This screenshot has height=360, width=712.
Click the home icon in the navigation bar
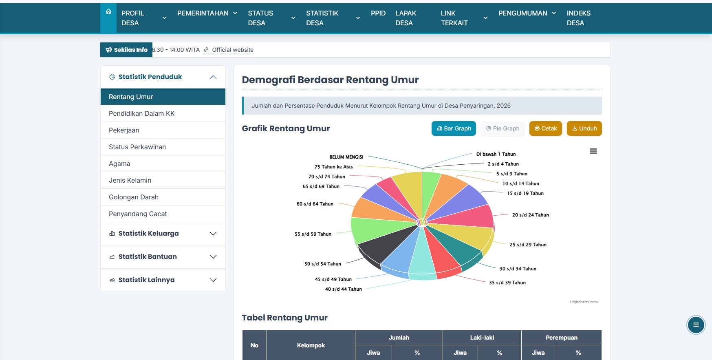pos(108,12)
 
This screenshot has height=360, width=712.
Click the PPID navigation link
pos(378,13)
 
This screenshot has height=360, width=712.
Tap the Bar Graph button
pos(454,128)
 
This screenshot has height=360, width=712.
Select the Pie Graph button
pos(503,128)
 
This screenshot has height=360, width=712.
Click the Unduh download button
pos(584,128)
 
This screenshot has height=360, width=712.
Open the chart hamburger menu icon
pos(593,151)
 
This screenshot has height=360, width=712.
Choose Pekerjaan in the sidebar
pos(124,130)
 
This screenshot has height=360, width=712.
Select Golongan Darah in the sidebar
pos(134,197)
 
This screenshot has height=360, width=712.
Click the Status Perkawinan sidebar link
pos(137,147)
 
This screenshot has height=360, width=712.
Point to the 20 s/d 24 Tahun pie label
pos(530,215)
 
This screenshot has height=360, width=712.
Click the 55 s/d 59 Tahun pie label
pos(313,234)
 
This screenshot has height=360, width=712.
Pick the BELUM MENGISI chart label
pos(346,157)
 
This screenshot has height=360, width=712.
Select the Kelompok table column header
pos(311,345)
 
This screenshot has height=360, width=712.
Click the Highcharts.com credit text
pos(584,302)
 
